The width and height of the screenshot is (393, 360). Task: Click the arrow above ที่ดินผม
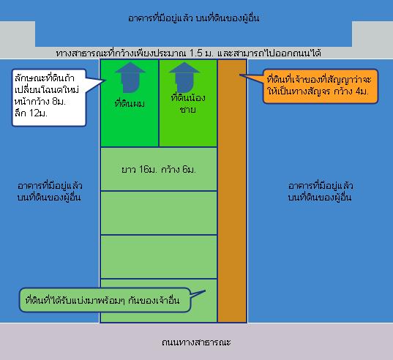point(130,78)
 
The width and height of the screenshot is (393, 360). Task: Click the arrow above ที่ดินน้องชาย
point(184,78)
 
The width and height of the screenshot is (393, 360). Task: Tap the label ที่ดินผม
point(130,103)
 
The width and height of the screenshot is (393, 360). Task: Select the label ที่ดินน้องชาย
point(188,103)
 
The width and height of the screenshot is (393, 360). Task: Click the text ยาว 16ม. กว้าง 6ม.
point(158,170)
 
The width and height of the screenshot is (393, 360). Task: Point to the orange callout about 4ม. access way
point(321,86)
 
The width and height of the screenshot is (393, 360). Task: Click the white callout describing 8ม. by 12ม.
point(49,98)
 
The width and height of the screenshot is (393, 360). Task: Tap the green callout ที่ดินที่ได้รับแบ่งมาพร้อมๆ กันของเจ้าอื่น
point(105,300)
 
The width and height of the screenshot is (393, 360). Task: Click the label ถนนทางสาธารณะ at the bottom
point(196,342)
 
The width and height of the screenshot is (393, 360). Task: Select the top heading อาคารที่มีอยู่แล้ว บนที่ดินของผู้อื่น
point(193,18)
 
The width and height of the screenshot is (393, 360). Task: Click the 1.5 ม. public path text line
point(189,53)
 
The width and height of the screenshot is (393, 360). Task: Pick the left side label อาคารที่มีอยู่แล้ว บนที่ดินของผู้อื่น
point(50,192)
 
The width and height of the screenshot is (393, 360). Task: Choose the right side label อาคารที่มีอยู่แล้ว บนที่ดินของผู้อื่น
point(321,192)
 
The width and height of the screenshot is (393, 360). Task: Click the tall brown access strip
point(232,191)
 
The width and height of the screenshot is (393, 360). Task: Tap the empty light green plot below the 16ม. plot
point(159,213)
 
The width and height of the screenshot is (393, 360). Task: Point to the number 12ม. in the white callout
point(38,113)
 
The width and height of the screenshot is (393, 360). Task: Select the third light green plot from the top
point(159,257)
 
